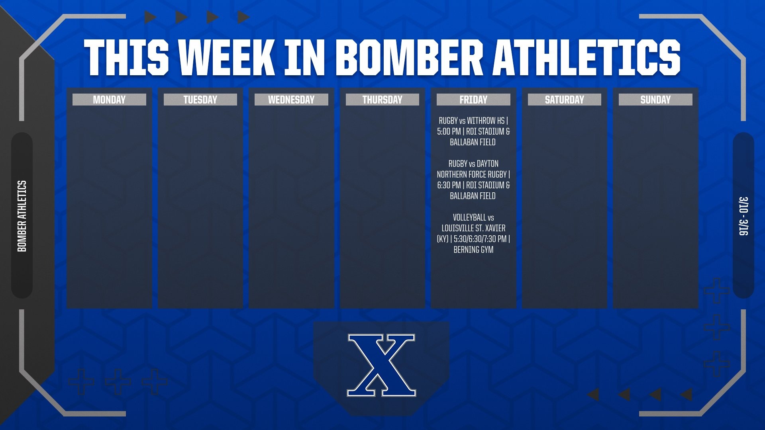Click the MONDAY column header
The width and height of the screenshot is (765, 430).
coord(109,100)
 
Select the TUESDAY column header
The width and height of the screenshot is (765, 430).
coord(200,100)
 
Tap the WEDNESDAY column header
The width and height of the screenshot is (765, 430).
coord(291,100)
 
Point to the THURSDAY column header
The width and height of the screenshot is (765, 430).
coord(382,100)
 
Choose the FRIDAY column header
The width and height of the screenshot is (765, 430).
coord(473,100)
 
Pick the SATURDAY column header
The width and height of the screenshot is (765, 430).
coord(564,100)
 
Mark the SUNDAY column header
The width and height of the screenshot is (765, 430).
coord(655,100)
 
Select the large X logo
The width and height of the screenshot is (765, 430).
coord(381,365)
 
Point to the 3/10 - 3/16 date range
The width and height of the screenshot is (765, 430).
coord(743,216)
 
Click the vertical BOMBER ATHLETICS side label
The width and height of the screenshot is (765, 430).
coord(22,216)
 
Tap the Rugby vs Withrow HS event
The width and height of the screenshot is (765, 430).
coord(473,131)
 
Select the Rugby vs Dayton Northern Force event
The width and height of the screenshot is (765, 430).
coord(473,180)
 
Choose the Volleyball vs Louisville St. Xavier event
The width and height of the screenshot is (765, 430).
coord(473,233)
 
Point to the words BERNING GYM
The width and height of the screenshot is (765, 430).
coord(473,250)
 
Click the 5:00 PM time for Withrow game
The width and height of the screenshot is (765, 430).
coord(449,131)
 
